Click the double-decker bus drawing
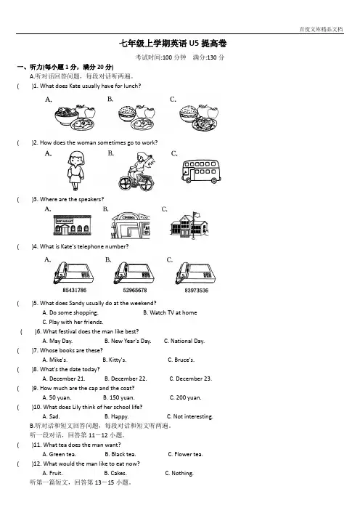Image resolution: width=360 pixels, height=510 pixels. (x=201, y=171)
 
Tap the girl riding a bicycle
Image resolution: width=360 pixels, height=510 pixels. (x=136, y=171)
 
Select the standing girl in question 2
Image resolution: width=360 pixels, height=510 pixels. (x=75, y=171)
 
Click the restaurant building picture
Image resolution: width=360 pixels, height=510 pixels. (x=72, y=225)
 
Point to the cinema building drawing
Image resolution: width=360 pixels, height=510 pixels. (x=131, y=225)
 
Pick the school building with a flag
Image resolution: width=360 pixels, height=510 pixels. (x=189, y=225)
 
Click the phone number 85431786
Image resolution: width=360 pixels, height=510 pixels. (x=75, y=290)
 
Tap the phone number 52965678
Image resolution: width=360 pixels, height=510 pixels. (x=135, y=290)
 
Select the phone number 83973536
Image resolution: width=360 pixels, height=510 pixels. (x=196, y=290)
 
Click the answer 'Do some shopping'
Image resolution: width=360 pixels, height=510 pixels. (x=70, y=312)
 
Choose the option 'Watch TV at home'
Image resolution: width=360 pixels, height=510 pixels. (x=170, y=312)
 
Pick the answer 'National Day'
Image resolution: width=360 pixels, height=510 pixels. (x=184, y=341)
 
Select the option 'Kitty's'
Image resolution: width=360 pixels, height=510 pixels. (x=115, y=360)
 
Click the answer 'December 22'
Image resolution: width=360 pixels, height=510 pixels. (x=126, y=379)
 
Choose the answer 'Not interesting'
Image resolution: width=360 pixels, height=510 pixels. (x=189, y=416)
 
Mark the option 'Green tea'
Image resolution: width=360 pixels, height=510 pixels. (x=59, y=454)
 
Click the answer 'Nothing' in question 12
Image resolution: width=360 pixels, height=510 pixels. (x=179, y=473)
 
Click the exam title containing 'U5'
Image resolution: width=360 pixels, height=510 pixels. (x=173, y=44)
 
